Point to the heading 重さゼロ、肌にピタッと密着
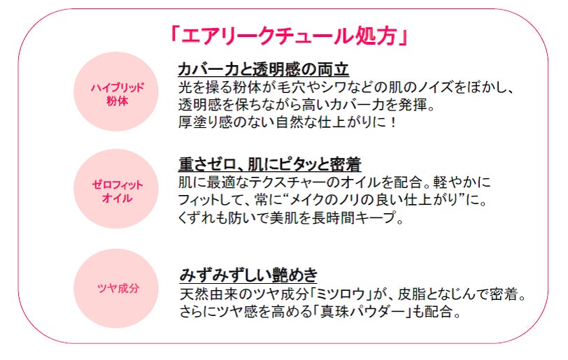[x=269, y=165]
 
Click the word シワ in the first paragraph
[x=339, y=87]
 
